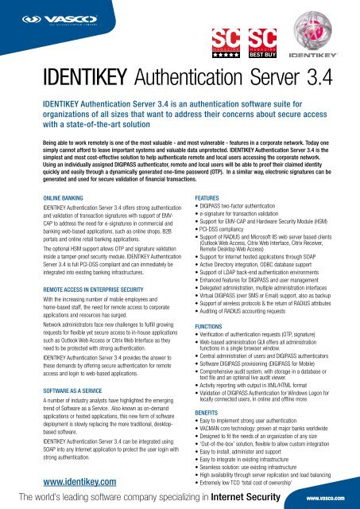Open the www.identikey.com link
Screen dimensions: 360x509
point(60,481)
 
